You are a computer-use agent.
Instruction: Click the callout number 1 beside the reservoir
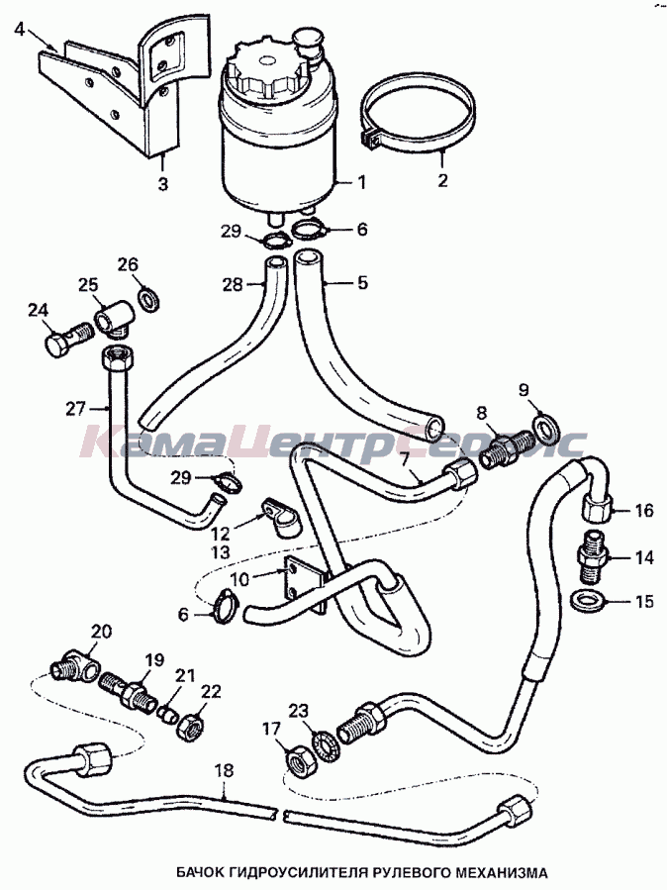tap(361, 182)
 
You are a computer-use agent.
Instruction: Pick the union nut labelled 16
tap(597, 509)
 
